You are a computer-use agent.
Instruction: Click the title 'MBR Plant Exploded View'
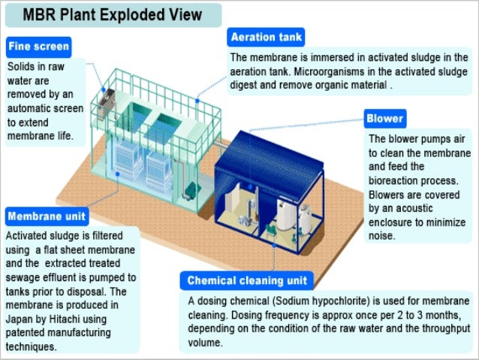click(112, 14)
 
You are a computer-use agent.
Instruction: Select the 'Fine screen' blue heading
click(38, 47)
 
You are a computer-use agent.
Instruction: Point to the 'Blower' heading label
click(385, 119)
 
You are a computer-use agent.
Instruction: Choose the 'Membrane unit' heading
click(47, 217)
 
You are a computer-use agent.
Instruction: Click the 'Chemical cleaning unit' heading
click(247, 281)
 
